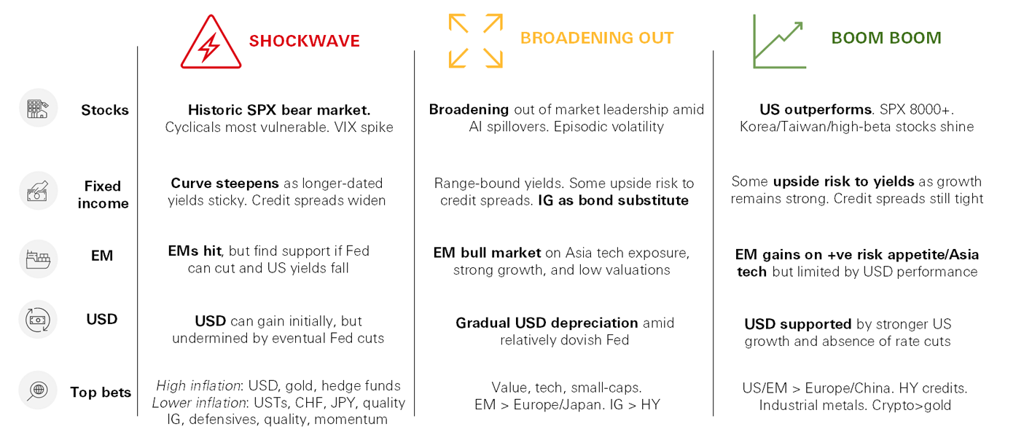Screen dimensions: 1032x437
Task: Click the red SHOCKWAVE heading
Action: [304, 41]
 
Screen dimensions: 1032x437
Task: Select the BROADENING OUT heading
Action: [597, 38]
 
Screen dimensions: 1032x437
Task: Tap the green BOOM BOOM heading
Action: [886, 38]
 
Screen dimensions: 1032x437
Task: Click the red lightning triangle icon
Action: [211, 42]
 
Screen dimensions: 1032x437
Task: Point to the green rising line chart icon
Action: [780, 42]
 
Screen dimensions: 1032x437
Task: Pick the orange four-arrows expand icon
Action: [475, 41]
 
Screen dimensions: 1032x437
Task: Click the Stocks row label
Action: [105, 110]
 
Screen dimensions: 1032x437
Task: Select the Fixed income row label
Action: [103, 194]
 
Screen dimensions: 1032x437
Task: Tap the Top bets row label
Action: [101, 393]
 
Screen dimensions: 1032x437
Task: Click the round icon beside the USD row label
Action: [38, 320]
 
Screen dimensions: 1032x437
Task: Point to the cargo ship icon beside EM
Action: [38, 259]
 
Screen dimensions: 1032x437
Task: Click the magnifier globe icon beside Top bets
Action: [38, 390]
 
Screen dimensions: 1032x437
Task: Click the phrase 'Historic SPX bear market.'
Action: [279, 110]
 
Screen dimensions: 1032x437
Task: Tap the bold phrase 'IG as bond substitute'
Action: [613, 200]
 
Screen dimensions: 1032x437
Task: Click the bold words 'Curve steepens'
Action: [224, 184]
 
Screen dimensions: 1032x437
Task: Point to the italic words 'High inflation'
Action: [198, 385]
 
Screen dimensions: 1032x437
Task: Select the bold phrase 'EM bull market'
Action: [487, 253]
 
